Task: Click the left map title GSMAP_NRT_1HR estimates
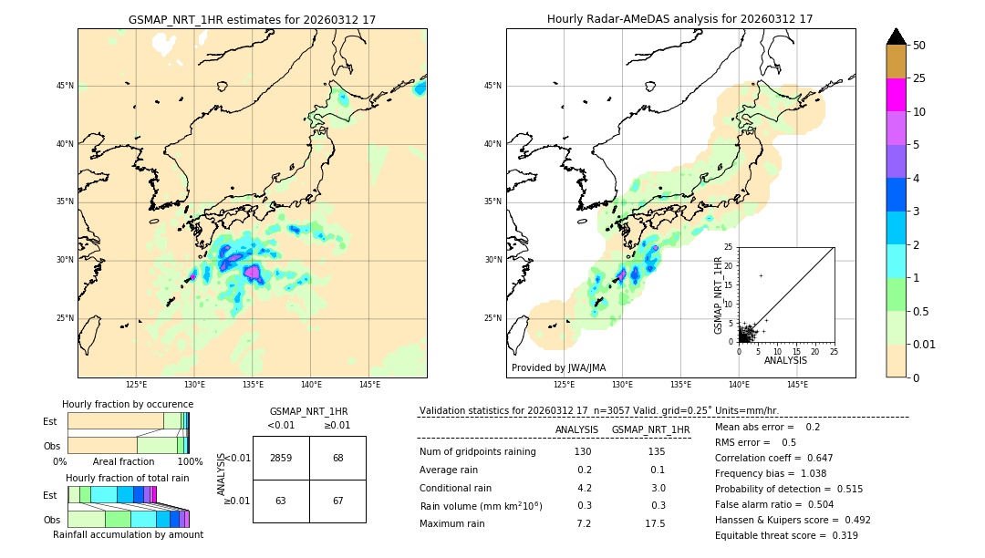[252, 19]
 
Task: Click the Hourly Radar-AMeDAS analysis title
[679, 19]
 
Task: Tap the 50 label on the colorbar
[919, 46]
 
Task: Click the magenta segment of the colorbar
[896, 95]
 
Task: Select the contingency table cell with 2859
[281, 458]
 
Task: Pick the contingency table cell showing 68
[337, 458]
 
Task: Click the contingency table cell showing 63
[281, 501]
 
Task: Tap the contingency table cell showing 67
[337, 501]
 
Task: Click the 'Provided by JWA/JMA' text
[558, 368]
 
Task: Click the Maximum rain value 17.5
[655, 523]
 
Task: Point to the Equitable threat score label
[772, 535]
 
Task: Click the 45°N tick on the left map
[65, 86]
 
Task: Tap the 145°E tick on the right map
[797, 385]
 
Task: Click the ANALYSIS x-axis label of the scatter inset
[785, 360]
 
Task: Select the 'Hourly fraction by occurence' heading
[128, 404]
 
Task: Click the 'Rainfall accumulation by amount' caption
[128, 534]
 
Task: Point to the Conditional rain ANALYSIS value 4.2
[585, 488]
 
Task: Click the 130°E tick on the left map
[194, 385]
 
